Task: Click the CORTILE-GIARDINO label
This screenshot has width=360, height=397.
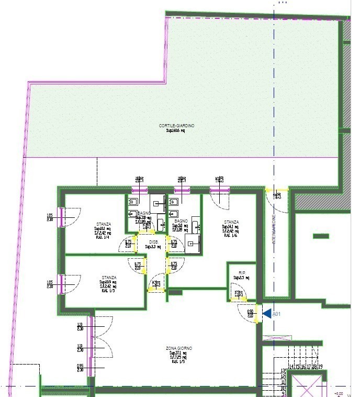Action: pos(177,126)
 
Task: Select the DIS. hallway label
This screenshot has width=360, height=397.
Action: pos(153,242)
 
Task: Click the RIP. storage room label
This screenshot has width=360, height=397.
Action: pos(242,273)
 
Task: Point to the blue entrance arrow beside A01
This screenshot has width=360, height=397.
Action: pos(266,314)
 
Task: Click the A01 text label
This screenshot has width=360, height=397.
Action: pos(277,314)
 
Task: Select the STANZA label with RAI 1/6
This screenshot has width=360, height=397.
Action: pos(231,222)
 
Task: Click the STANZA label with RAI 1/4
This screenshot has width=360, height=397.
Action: pos(103,224)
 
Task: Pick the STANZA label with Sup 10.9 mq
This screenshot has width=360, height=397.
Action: pos(109,278)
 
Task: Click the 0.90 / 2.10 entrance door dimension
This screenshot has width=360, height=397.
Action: pos(250,314)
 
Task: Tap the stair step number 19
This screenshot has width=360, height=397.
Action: pos(320,367)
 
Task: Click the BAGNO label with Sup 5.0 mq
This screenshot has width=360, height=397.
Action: pos(181,222)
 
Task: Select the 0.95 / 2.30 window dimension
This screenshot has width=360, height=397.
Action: pos(80,367)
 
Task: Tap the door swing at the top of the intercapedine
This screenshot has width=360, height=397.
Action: pos(277,200)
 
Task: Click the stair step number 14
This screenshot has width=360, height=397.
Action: pos(291,367)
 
